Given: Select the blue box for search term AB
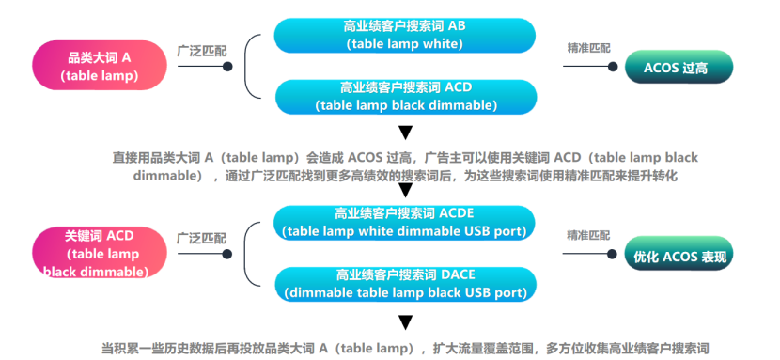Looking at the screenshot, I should [x=404, y=35].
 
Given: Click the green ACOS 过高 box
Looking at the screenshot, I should [x=679, y=68].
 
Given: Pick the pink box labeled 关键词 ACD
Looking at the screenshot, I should [x=94, y=252].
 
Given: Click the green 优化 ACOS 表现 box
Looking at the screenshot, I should [x=679, y=255].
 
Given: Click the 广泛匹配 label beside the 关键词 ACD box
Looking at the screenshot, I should [x=201, y=238].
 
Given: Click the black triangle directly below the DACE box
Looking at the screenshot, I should [x=405, y=322].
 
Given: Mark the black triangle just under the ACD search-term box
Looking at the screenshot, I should [x=405, y=132].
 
